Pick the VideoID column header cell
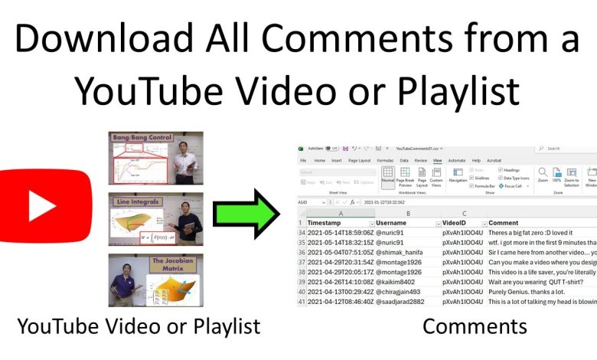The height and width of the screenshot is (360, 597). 456,222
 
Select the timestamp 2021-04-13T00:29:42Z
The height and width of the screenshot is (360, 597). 341,292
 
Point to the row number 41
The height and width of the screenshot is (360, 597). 302,302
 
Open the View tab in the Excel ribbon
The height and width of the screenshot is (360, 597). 437,161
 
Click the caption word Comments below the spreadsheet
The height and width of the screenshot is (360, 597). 475,326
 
